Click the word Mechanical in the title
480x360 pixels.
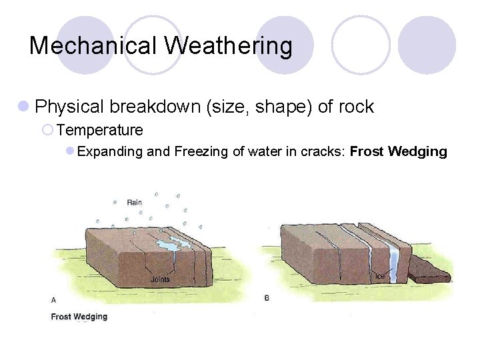point(93,46)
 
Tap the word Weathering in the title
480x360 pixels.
point(229,46)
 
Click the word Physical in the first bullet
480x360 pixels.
point(69,107)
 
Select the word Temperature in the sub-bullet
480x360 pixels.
point(100,130)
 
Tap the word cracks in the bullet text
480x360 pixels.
point(323,151)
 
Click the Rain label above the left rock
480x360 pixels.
point(134,202)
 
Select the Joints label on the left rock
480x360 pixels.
point(160,279)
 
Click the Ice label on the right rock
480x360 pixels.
point(379,276)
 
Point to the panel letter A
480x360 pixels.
point(54,299)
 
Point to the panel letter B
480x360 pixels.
point(267,298)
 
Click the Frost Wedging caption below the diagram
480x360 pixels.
point(79,317)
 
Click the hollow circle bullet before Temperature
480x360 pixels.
point(47,130)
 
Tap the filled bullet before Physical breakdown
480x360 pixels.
point(23,107)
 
